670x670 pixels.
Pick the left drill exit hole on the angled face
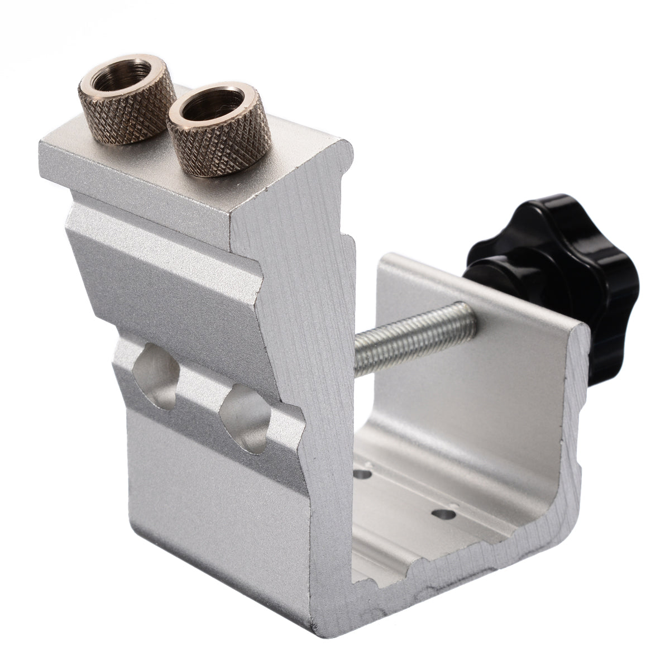tap(156, 374)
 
